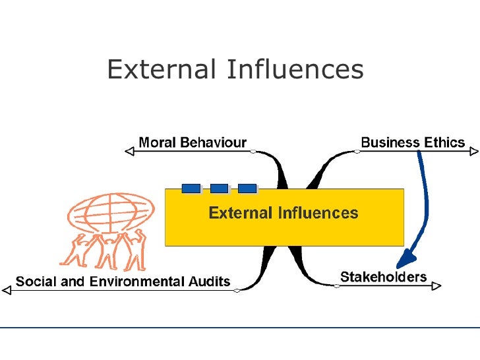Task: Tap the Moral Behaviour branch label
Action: (193, 142)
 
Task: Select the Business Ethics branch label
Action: (413, 142)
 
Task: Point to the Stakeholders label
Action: (383, 276)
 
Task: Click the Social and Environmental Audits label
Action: (123, 282)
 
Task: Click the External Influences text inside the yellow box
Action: (284, 213)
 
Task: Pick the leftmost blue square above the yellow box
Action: (191, 188)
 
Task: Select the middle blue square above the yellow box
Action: (219, 188)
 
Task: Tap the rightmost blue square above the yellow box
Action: (247, 188)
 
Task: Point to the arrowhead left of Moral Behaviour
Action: (129, 152)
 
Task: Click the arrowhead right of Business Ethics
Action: (473, 152)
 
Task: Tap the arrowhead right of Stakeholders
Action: (436, 285)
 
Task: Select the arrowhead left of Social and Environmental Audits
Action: (7, 289)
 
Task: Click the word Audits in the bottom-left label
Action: (210, 282)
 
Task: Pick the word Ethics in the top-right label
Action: (444, 142)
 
